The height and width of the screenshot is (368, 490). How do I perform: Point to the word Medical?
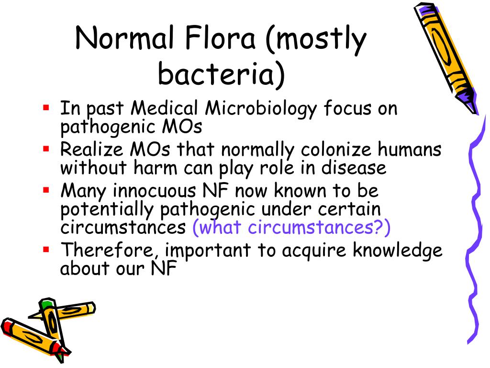pos(166,109)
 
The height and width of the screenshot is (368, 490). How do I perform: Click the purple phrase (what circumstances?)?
pos(291,228)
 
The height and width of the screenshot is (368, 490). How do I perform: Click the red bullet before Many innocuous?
pos(46,190)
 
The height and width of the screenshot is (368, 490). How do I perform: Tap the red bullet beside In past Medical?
pos(46,107)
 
